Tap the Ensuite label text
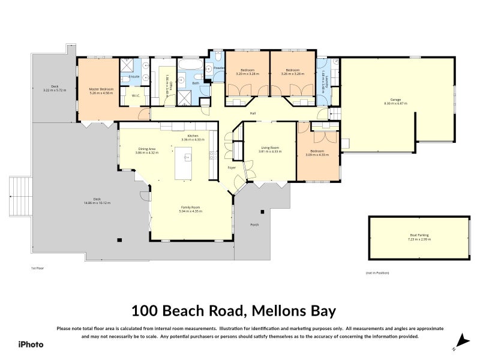click(134, 77)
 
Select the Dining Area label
click(147, 151)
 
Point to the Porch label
click(254, 225)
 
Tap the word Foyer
click(232, 167)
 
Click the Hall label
click(254, 113)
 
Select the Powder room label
click(218, 68)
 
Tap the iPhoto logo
click(30, 344)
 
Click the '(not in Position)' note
click(377, 273)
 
